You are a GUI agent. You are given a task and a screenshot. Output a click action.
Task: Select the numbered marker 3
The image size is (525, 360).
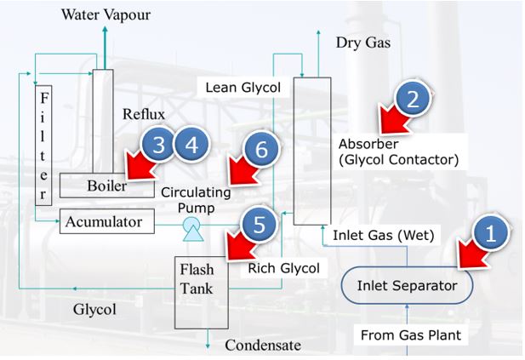(159, 145)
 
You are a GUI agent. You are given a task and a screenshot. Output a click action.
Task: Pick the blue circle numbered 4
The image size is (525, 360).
(192, 145)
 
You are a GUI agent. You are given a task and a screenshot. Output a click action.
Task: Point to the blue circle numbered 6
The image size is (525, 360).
(261, 149)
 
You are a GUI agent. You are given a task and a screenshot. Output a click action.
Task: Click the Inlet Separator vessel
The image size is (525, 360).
(407, 286)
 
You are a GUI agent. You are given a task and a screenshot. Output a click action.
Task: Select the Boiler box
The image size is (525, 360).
(107, 185)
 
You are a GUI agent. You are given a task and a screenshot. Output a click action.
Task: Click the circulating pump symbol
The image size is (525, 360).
(192, 224)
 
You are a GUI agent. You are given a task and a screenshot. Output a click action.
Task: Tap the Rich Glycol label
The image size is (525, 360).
(283, 268)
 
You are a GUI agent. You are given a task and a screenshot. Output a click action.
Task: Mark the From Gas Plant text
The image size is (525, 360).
(410, 334)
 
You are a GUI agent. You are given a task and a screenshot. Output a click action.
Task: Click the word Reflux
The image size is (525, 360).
(144, 114)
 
